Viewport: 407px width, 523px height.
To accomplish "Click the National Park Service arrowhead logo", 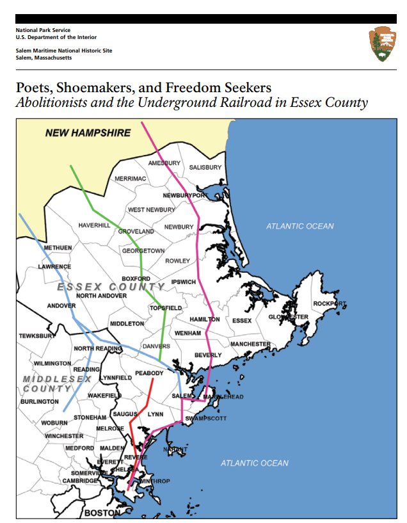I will click(x=383, y=44).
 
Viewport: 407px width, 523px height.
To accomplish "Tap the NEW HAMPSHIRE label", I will click(x=88, y=133).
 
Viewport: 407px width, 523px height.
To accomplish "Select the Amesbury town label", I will click(x=164, y=163).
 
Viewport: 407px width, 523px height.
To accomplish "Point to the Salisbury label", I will click(x=205, y=168).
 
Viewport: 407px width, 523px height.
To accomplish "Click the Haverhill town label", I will click(x=95, y=225).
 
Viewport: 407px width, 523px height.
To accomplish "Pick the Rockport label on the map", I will click(x=330, y=303).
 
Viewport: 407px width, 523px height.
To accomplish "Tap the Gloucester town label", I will click(x=288, y=317).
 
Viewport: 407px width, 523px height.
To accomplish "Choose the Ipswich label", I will click(x=184, y=282).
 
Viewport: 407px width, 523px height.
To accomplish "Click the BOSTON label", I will click(x=102, y=513).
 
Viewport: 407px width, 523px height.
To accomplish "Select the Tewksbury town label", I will click(x=37, y=335).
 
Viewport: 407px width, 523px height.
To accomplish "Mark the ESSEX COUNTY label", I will click(x=111, y=287).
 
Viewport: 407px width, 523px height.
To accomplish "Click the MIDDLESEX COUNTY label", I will click(x=56, y=383).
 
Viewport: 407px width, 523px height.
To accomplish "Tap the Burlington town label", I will click(x=39, y=401).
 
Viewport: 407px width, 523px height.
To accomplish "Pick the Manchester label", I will click(x=250, y=344).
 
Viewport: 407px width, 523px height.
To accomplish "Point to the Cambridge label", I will click(x=80, y=481).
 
